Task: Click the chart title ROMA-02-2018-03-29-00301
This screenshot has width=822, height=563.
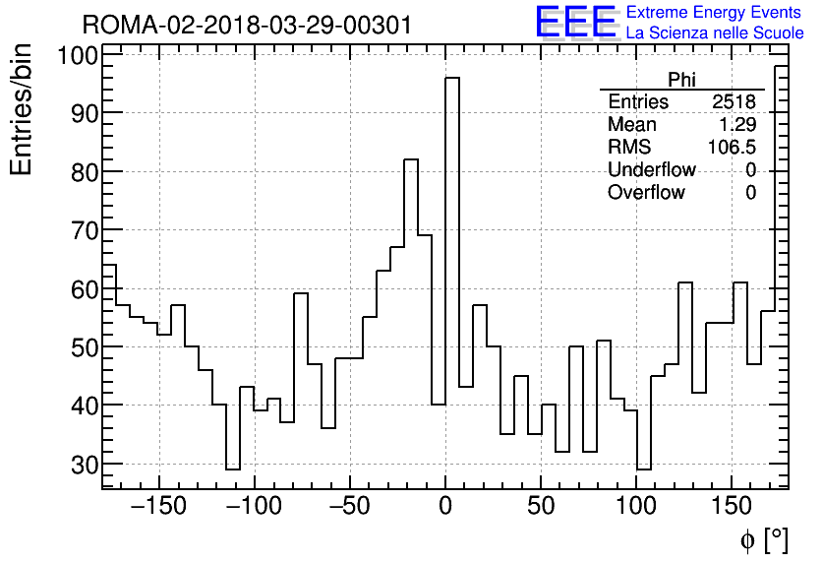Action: [247, 24]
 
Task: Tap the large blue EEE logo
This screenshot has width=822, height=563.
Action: [575, 22]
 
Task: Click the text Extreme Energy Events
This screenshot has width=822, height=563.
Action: [715, 13]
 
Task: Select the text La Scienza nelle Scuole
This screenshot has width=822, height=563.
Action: [715, 33]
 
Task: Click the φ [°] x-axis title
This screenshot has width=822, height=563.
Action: [763, 540]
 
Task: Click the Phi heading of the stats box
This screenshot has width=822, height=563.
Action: [681, 80]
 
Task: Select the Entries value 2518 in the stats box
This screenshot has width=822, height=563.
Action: [734, 102]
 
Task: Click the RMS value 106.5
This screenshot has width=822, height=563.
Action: [732, 148]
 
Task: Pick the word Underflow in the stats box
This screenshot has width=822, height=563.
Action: [652, 170]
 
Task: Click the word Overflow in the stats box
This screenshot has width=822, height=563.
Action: [646, 193]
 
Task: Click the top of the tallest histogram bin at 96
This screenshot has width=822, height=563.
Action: [452, 79]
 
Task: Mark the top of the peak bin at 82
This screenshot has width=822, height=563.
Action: [411, 159]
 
